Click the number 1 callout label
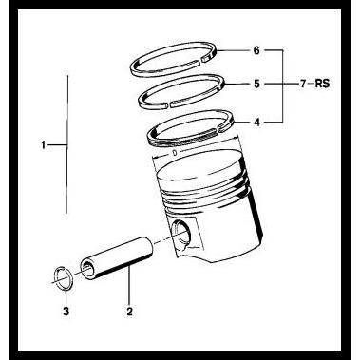45,145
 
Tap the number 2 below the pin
128,310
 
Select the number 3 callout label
65,310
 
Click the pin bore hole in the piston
184,231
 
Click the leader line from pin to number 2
128,291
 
